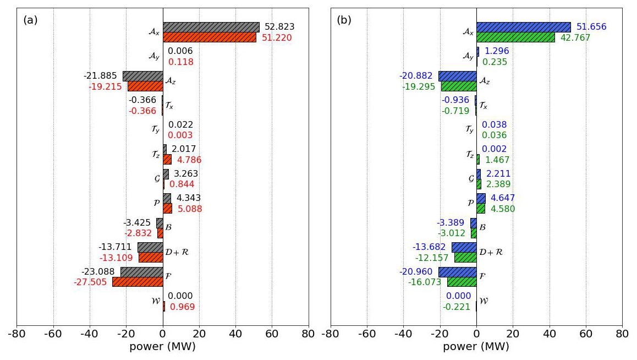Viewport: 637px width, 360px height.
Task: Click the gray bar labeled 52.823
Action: coord(211,27)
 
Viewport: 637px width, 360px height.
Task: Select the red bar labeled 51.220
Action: coord(209,37)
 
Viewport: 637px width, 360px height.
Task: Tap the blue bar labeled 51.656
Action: coord(523,27)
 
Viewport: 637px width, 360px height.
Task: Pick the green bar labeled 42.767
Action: coord(515,37)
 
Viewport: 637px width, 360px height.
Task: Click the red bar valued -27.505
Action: coord(138,282)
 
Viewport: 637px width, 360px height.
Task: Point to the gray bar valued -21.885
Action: coord(142,76)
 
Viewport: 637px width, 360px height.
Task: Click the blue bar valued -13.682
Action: coord(464,247)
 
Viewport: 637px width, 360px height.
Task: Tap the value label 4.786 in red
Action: coord(189,160)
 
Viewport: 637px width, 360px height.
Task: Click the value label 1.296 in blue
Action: coord(497,51)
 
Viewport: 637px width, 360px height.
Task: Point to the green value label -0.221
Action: coord(456,307)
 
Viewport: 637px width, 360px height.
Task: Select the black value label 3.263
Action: coord(186,174)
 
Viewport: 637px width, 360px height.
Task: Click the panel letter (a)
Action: coord(30,20)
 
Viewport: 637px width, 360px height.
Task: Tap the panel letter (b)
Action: coord(344,20)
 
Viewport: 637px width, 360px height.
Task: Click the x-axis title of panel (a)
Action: coord(162,347)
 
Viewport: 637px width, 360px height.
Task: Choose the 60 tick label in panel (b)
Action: coord(586,334)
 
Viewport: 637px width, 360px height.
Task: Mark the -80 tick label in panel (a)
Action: coord(17,334)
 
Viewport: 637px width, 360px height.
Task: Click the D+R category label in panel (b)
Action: coord(491,252)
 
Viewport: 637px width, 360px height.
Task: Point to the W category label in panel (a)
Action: coord(155,301)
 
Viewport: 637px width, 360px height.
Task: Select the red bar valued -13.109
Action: coord(151,258)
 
